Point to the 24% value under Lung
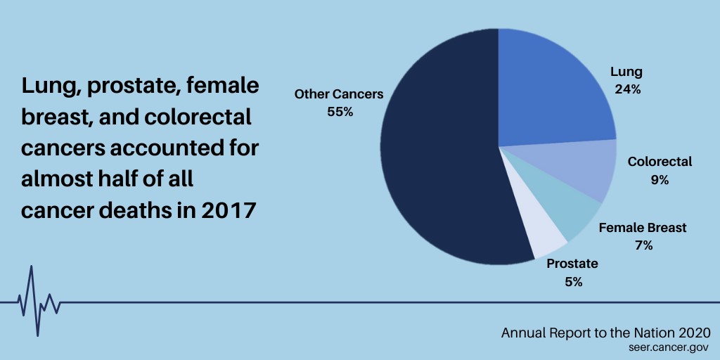628,89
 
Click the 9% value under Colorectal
660,180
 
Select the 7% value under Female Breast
644,245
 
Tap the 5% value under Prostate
574,282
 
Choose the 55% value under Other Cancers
340,112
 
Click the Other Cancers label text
339,94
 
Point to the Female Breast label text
643,227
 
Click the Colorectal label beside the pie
660,162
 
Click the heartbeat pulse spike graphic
39,301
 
